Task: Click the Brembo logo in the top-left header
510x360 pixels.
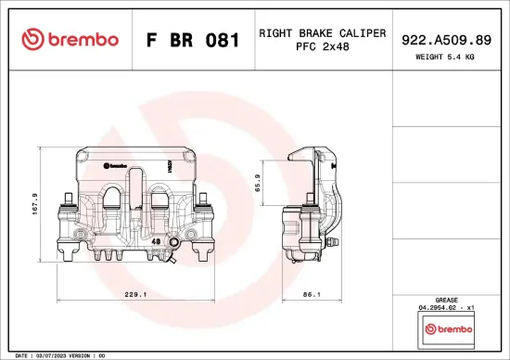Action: pyautogui.click(x=70, y=39)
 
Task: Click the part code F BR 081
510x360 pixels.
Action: pyautogui.click(x=194, y=40)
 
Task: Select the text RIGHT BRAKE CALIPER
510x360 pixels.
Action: pyautogui.click(x=323, y=32)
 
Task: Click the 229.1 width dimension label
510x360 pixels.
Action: pyautogui.click(x=135, y=295)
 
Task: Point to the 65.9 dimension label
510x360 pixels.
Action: pyautogui.click(x=259, y=182)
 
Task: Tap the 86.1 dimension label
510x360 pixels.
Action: pyautogui.click(x=312, y=295)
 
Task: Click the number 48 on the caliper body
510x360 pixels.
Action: pyautogui.click(x=155, y=241)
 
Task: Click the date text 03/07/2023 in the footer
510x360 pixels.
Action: pyautogui.click(x=54, y=355)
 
